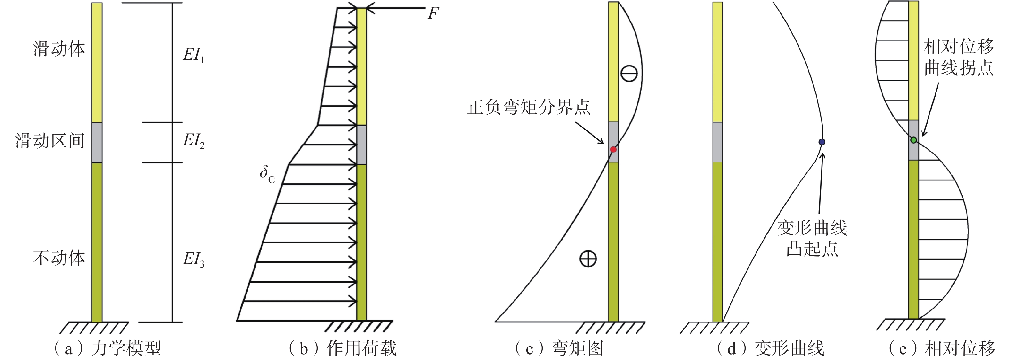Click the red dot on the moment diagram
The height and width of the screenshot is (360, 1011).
click(x=613, y=150)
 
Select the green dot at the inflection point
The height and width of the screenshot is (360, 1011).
click(x=914, y=140)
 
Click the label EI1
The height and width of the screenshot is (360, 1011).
click(x=194, y=55)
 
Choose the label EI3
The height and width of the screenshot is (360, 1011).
click(x=194, y=259)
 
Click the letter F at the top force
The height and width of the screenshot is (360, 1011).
click(x=433, y=14)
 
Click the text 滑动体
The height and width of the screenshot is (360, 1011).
click(x=59, y=49)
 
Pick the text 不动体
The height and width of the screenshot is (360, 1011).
click(x=59, y=258)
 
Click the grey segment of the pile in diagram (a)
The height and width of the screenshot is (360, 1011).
click(x=97, y=143)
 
